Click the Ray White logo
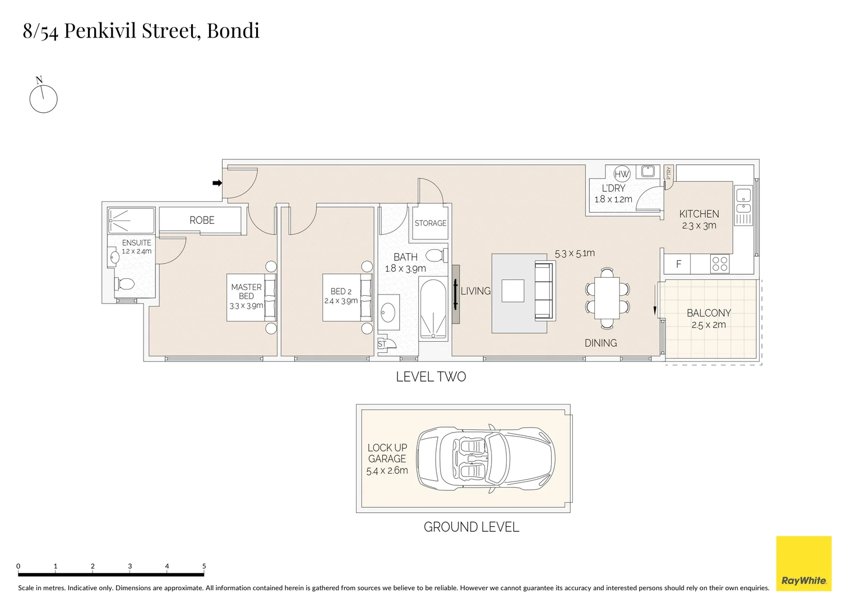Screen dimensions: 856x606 tap(804, 563)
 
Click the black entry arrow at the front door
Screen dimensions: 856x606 tap(217, 183)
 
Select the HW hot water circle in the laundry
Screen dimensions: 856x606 tap(622, 174)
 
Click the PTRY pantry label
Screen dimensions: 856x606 tap(668, 173)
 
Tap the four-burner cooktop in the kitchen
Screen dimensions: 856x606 tap(720, 264)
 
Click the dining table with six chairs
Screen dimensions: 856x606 tap(607, 299)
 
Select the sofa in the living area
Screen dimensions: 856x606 tap(544, 291)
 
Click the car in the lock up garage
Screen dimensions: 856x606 tap(485, 458)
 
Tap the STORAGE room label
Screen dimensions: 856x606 tap(431, 223)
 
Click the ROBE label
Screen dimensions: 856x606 tap(202, 221)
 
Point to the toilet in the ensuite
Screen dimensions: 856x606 tap(124, 284)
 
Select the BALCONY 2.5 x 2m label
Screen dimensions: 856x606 tap(709, 319)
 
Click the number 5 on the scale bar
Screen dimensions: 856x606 tap(204, 566)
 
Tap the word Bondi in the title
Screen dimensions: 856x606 tap(233, 31)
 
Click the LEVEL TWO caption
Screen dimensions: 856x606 tap(431, 377)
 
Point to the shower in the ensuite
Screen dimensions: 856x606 tap(131, 221)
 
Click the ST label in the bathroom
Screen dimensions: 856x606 tap(382, 344)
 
